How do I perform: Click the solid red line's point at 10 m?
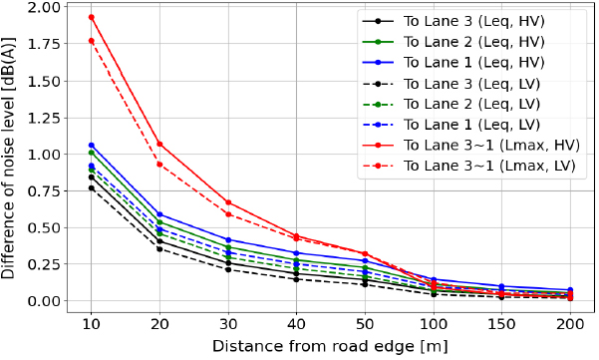point(91,17)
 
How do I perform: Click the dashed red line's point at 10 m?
point(91,41)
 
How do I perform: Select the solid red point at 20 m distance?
point(159,144)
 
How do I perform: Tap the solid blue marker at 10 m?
point(91,145)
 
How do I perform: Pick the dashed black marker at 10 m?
point(91,187)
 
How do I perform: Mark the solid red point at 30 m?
point(228,202)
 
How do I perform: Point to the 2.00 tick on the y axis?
point(45,7)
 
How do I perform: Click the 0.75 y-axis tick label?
point(45,190)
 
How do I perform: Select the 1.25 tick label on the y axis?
point(45,117)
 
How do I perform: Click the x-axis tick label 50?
point(365,324)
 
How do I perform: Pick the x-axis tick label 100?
point(434,324)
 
